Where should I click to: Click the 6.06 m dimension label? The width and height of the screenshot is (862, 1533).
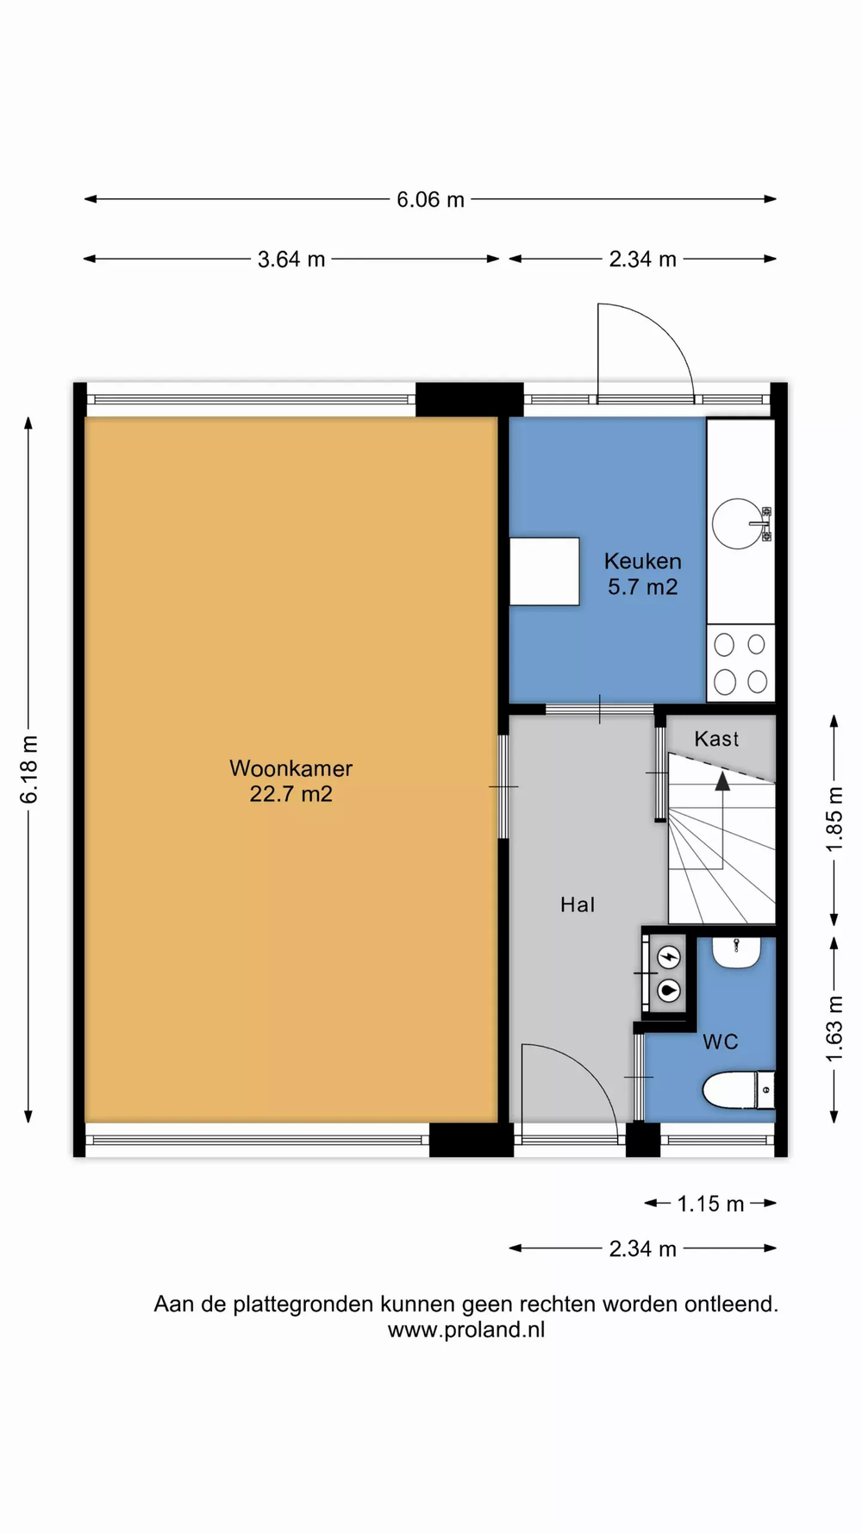pyautogui.click(x=430, y=200)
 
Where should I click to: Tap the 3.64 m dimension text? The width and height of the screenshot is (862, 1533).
pyautogui.click(x=291, y=260)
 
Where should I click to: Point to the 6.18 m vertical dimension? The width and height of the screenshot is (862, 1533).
pyautogui.click(x=29, y=769)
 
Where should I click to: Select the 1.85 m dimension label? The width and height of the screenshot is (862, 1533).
pyautogui.click(x=834, y=819)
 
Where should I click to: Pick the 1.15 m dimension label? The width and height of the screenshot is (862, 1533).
pyautogui.click(x=710, y=1204)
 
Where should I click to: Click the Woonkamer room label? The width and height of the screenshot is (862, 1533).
pyautogui.click(x=290, y=768)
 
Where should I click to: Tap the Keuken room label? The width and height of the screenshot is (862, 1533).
pyautogui.click(x=643, y=561)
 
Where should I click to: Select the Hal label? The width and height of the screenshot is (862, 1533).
pyautogui.click(x=578, y=904)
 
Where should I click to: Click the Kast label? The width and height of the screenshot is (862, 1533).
pyautogui.click(x=716, y=739)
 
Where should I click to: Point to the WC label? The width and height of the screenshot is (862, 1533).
pyautogui.click(x=721, y=1042)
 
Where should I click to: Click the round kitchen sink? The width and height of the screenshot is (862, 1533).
pyautogui.click(x=739, y=522)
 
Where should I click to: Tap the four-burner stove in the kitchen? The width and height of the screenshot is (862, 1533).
pyautogui.click(x=741, y=663)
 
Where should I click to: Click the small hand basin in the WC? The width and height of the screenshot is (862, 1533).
pyautogui.click(x=736, y=953)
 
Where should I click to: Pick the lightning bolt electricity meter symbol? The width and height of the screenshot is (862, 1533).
pyautogui.click(x=670, y=957)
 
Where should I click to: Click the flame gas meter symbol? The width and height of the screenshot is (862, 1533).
pyautogui.click(x=670, y=991)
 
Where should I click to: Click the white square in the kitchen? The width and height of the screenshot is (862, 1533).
pyautogui.click(x=544, y=572)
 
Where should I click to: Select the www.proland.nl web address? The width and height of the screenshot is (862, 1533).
pyautogui.click(x=466, y=1330)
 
